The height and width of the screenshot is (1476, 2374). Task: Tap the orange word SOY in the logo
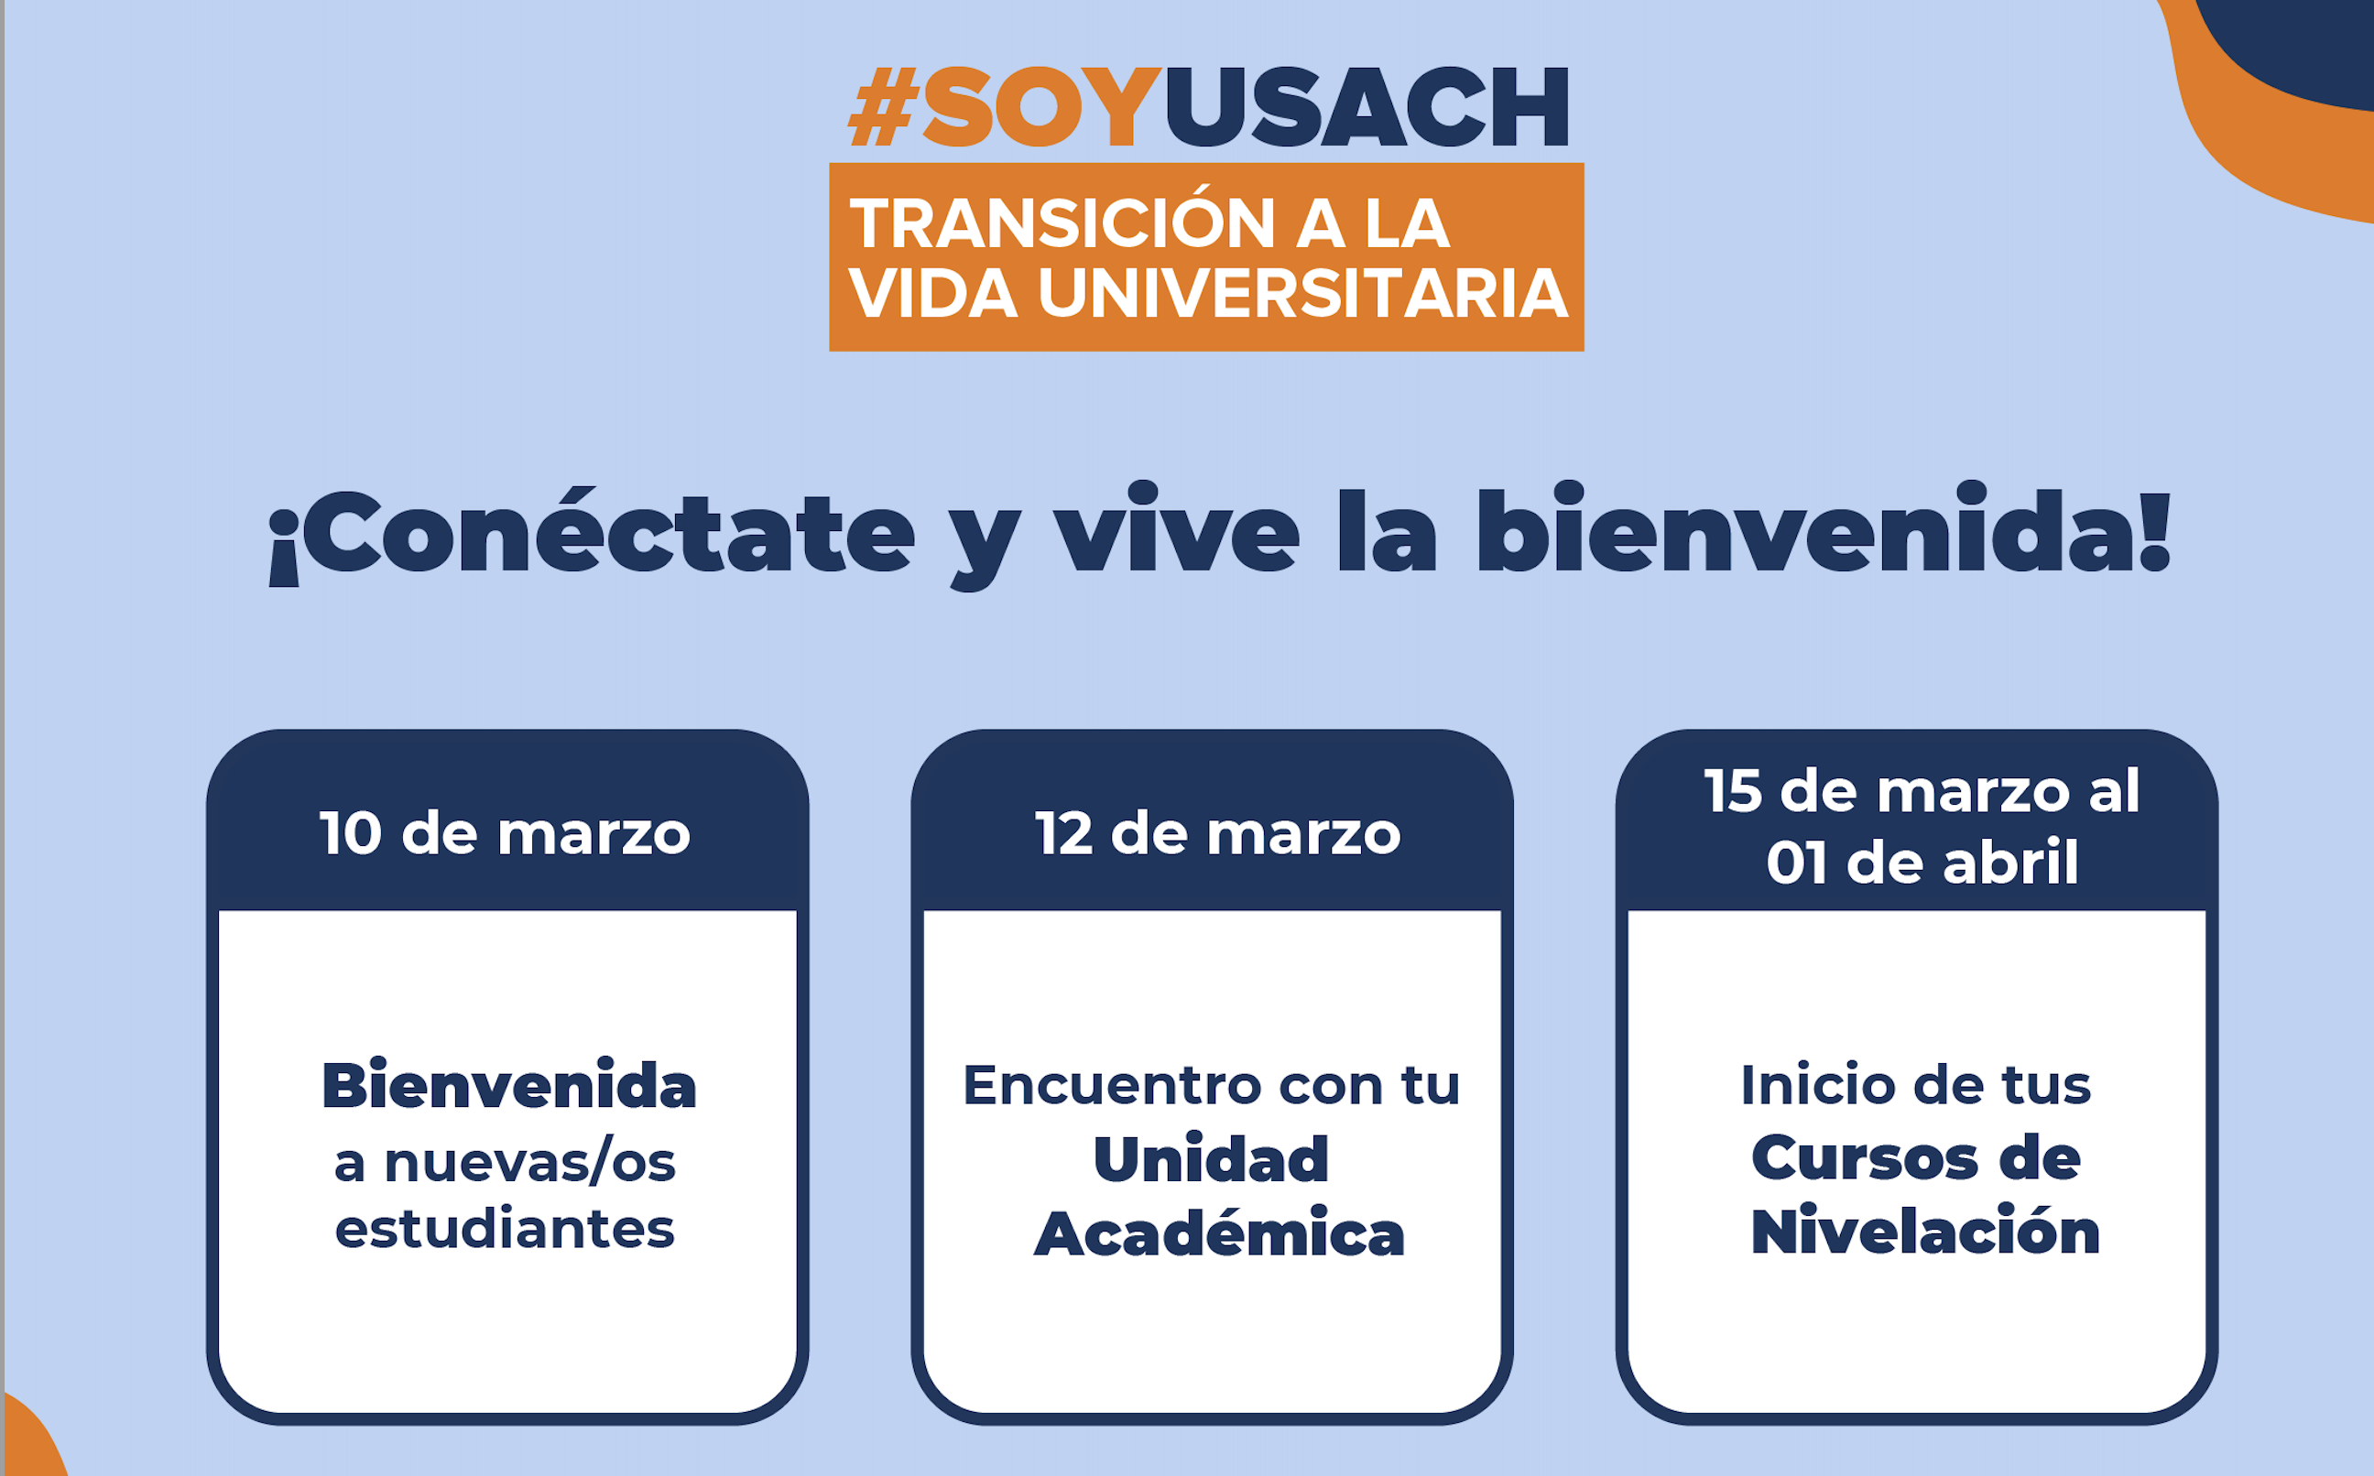coord(1041,107)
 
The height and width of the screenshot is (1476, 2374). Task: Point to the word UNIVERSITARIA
coord(1303,293)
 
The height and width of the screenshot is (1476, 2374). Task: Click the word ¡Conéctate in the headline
coord(593,534)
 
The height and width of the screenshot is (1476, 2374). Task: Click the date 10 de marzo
coord(505,835)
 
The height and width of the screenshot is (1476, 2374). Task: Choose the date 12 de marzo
coord(1217,835)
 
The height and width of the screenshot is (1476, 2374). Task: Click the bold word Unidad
coord(1212,1160)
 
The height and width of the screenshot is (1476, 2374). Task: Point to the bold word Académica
coord(1219,1233)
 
